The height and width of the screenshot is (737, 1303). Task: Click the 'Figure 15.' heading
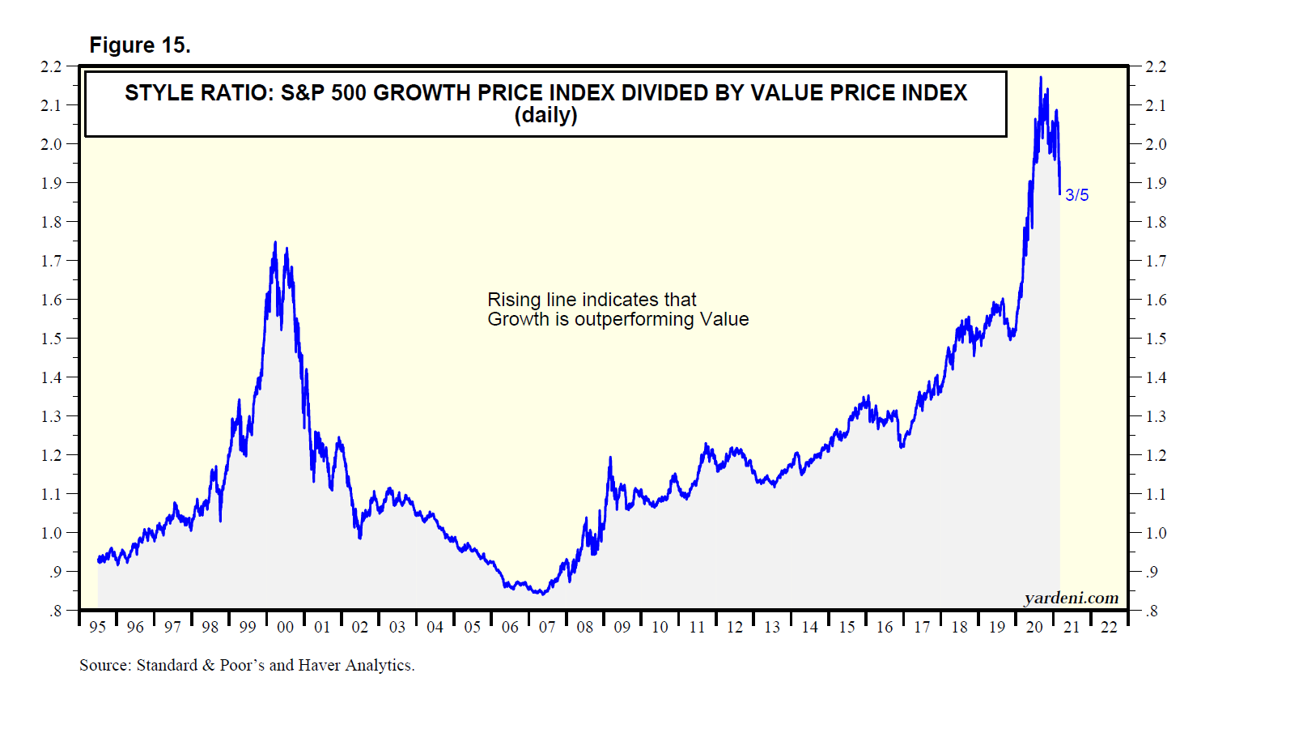139,45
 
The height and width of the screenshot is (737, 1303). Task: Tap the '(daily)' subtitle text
545,116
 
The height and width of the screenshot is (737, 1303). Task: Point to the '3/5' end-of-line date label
1076,195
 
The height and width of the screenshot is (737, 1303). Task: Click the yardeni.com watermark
1071,599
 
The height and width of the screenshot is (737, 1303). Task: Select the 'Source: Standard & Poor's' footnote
247,666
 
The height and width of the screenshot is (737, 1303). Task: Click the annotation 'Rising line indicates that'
592,300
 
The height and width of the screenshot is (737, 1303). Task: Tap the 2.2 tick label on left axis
51,66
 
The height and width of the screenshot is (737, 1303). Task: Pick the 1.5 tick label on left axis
51,339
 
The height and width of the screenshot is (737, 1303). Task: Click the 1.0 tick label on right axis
1156,533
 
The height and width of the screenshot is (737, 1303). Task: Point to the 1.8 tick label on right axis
1156,222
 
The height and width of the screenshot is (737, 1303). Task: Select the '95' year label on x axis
98,627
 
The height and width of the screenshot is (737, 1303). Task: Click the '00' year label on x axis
285,627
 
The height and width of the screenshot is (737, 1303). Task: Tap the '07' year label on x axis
547,627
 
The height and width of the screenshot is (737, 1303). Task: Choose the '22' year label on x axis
1109,627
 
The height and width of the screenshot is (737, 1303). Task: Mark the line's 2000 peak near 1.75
275,242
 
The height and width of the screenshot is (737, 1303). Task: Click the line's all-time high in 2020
1041,78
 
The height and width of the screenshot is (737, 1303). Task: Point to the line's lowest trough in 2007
542,594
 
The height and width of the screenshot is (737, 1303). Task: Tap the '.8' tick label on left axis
54,611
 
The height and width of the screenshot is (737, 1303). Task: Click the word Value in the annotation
724,319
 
